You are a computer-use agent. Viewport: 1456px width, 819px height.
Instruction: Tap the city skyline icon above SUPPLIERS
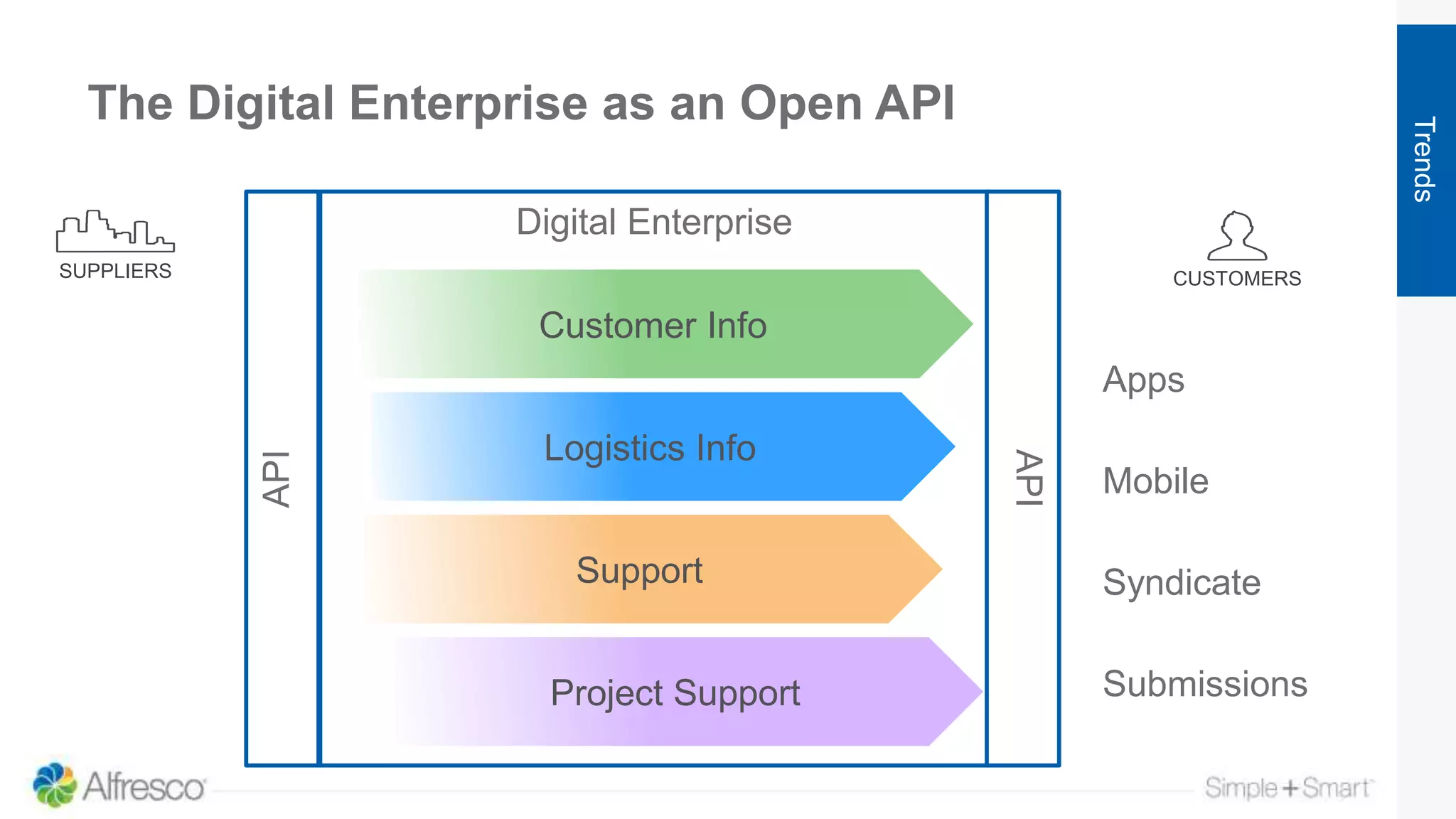[115, 232]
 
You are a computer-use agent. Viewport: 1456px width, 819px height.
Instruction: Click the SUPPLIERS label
[115, 271]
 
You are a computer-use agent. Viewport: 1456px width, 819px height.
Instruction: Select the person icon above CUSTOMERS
[1237, 236]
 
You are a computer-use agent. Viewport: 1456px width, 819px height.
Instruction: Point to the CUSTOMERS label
[1237, 279]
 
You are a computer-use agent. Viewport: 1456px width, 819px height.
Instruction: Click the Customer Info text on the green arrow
[653, 326]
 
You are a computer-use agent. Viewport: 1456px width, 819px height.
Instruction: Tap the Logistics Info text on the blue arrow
[650, 448]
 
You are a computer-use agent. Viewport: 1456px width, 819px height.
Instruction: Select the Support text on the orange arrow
[639, 570]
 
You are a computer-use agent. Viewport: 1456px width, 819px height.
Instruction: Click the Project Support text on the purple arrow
[675, 693]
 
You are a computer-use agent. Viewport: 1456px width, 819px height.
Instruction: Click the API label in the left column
[277, 478]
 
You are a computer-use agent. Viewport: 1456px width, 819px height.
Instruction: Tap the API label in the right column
[1028, 478]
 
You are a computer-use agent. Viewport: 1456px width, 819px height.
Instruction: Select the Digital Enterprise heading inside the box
[653, 222]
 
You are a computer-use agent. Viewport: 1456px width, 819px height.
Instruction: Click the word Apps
[1143, 380]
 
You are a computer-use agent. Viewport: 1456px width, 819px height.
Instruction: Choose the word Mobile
[1155, 481]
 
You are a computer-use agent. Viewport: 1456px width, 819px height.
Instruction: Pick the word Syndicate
[1182, 583]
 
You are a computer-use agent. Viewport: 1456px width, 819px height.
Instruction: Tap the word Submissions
[1205, 684]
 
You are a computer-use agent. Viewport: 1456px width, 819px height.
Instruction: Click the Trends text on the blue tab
[1424, 159]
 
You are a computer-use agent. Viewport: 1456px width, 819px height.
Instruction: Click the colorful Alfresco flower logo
[54, 785]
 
